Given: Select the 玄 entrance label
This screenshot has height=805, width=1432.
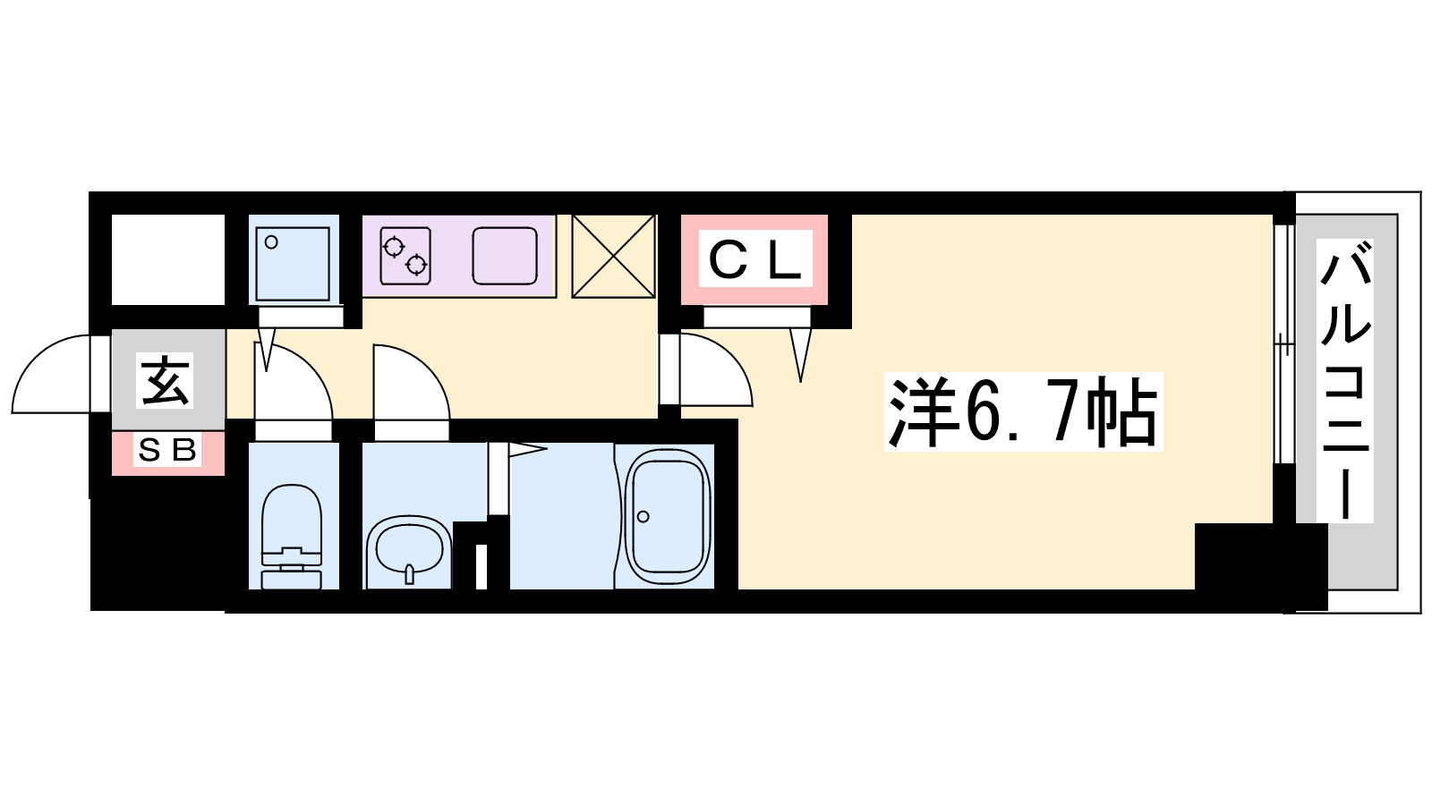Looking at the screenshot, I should pyautogui.click(x=167, y=380).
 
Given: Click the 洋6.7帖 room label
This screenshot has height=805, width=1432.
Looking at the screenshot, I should pyautogui.click(x=1023, y=412).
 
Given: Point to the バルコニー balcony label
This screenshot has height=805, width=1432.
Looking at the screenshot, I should pyautogui.click(x=1345, y=380).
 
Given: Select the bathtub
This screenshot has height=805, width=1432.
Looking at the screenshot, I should pyautogui.click(x=667, y=516).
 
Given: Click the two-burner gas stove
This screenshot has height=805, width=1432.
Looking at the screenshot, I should pyautogui.click(x=405, y=254).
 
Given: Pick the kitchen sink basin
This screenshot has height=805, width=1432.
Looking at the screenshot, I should pyautogui.click(x=505, y=255).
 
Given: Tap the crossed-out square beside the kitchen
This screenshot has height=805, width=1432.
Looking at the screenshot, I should pyautogui.click(x=613, y=256).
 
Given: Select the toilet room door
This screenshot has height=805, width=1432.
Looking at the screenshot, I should pyautogui.click(x=294, y=383).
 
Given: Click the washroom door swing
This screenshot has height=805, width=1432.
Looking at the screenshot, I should pyautogui.click(x=411, y=383).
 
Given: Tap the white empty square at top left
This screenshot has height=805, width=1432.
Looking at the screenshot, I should pyautogui.click(x=167, y=259).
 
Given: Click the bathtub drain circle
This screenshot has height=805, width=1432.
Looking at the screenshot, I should pyautogui.click(x=643, y=515).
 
